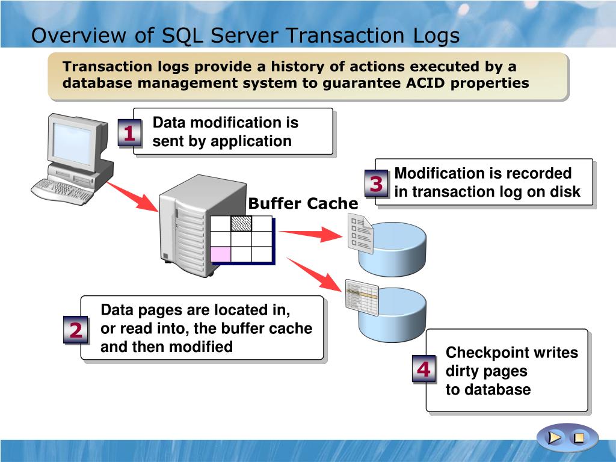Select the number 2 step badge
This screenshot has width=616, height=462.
(76, 330)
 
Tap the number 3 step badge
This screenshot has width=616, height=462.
(377, 184)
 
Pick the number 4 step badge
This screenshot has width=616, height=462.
(424, 369)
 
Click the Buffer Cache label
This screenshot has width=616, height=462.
(303, 204)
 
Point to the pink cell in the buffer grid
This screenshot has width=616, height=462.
(220, 254)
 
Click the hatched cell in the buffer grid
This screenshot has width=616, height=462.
(241, 223)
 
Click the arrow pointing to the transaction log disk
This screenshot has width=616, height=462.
(310, 234)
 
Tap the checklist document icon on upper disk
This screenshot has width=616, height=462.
(360, 235)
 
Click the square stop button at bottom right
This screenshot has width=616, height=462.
(578, 438)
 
